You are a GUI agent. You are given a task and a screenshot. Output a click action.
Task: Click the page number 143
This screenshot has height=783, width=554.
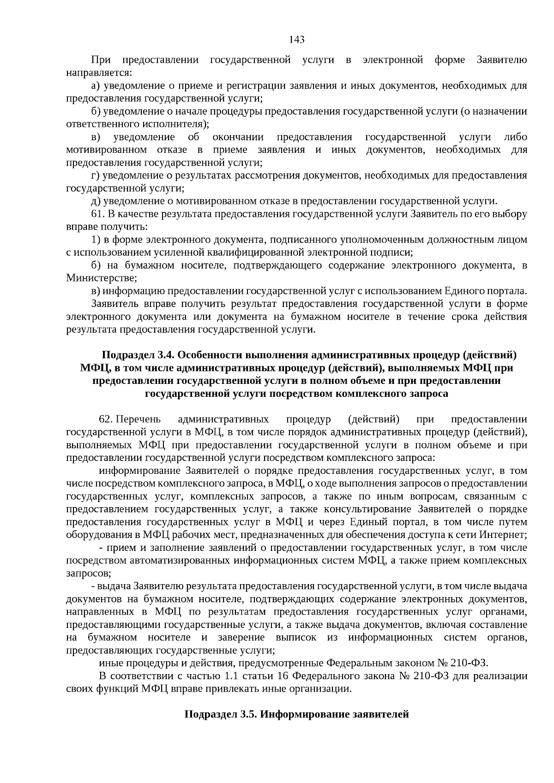[x=297, y=40]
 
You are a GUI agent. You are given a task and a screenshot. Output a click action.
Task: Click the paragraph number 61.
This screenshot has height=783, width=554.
[x=99, y=214]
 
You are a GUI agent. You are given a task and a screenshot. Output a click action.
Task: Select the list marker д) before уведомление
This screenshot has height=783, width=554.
[x=96, y=201]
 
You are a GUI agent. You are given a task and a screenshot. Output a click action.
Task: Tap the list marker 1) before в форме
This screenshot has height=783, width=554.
[x=96, y=239]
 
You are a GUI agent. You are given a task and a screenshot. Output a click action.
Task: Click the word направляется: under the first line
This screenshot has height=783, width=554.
[x=99, y=73]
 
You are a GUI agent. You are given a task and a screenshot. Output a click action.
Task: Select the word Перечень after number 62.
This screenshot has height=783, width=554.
[x=138, y=419]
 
